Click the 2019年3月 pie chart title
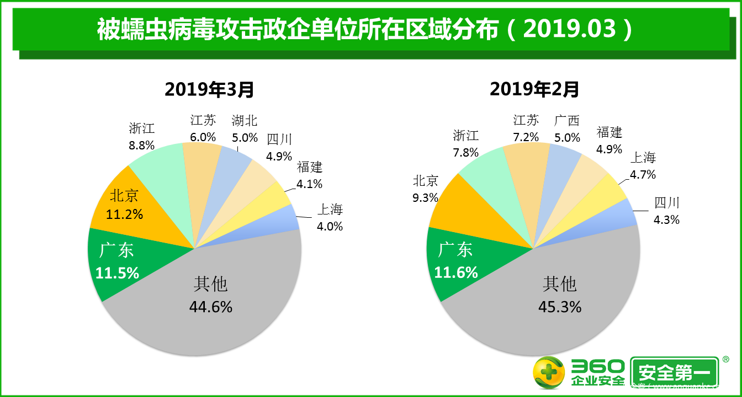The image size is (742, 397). (x=210, y=89)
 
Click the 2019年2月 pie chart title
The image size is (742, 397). (x=534, y=89)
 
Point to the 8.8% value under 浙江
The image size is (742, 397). (x=141, y=146)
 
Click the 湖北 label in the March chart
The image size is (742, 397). (x=244, y=120)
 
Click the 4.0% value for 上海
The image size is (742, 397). (x=330, y=226)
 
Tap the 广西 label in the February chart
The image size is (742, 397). (x=567, y=120)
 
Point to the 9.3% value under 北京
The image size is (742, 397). (x=425, y=197)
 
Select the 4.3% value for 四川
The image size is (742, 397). (x=666, y=219)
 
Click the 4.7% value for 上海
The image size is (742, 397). (x=643, y=175)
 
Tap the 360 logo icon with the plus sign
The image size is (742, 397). (x=549, y=372)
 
